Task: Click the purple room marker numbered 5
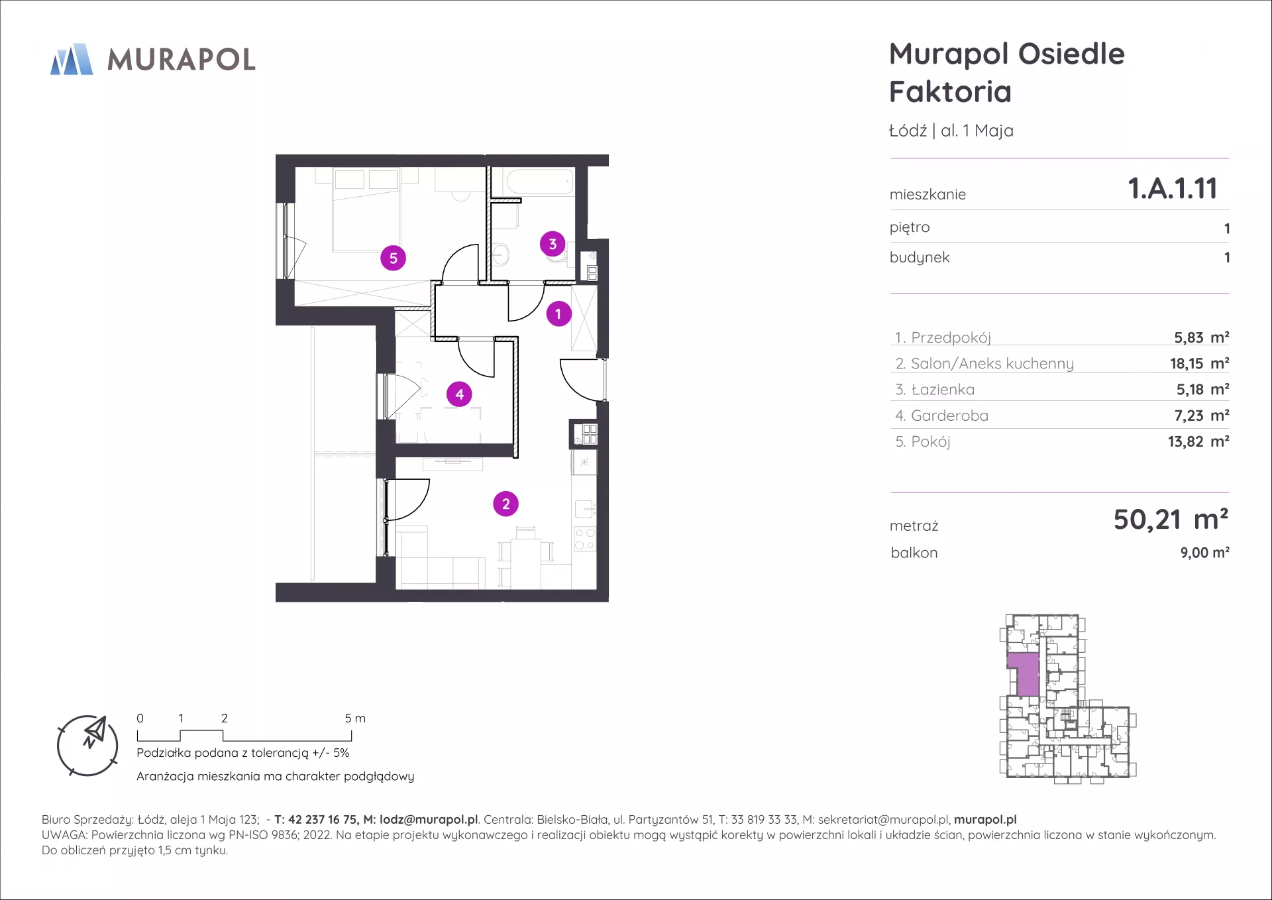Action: coord(393,258)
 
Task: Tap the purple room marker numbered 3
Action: coord(553,244)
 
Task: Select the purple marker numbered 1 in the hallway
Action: coord(558,313)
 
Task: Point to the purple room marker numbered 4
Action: coord(459,394)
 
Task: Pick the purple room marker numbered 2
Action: coord(506,504)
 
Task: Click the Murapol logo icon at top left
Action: coord(72,60)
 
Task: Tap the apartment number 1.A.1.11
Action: coord(1173,188)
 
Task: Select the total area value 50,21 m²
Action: coord(1171,519)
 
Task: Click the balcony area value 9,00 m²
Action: coord(1204,553)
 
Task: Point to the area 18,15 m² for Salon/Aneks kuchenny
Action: coord(1199,363)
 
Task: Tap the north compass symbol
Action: coord(87,746)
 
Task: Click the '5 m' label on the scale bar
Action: coord(355,718)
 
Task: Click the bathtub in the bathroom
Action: coord(540,181)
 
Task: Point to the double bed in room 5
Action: coord(366,209)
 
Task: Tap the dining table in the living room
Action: coord(526,551)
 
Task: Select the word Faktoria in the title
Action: coord(950,91)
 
